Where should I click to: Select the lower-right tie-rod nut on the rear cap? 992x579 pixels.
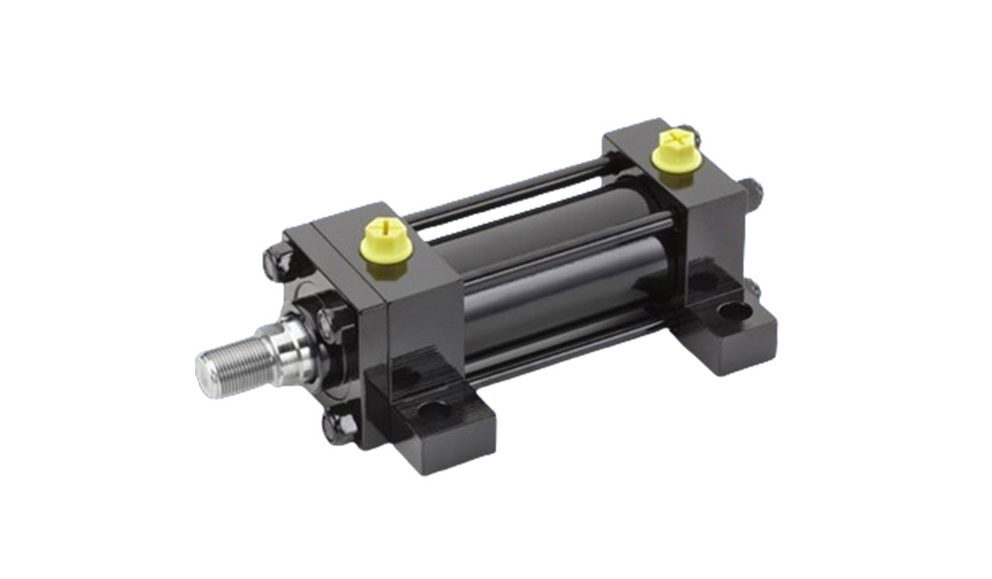[x=751, y=289]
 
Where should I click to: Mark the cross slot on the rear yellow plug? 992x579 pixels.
[x=675, y=137]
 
